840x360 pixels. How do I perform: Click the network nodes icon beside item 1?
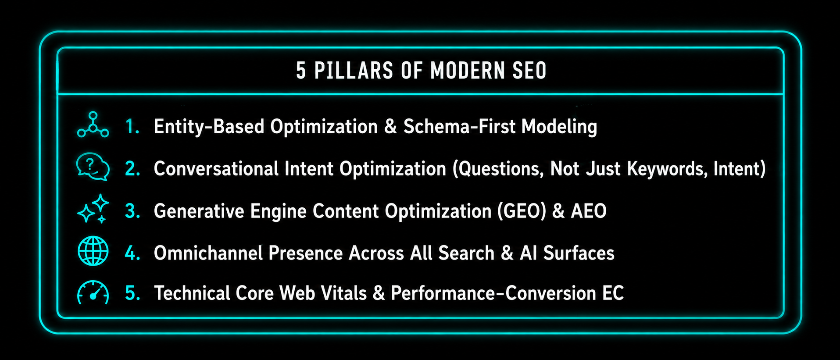(x=93, y=125)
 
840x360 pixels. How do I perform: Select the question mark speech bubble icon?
(x=93, y=167)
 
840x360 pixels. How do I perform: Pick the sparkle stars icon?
(x=93, y=209)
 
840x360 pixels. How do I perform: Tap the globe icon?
(x=93, y=251)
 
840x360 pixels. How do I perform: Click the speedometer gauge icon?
(x=93, y=292)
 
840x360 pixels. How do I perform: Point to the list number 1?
(x=132, y=126)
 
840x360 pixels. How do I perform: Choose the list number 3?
(x=132, y=211)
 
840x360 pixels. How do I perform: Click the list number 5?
(x=132, y=293)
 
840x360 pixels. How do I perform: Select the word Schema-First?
(x=458, y=126)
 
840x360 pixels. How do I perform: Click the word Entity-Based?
(x=209, y=126)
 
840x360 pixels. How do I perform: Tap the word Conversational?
(x=216, y=169)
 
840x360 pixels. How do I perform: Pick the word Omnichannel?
(x=207, y=253)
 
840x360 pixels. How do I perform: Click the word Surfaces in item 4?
(x=579, y=253)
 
